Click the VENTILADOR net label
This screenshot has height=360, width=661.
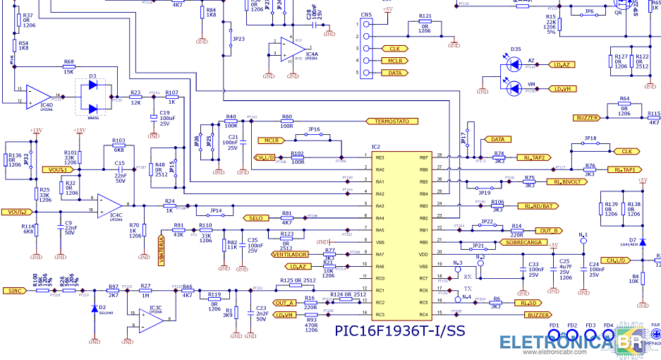290,254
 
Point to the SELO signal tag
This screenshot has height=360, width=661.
255,218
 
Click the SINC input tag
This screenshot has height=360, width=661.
14,290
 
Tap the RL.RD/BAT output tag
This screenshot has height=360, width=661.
542,206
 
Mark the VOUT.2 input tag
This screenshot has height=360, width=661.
17,212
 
